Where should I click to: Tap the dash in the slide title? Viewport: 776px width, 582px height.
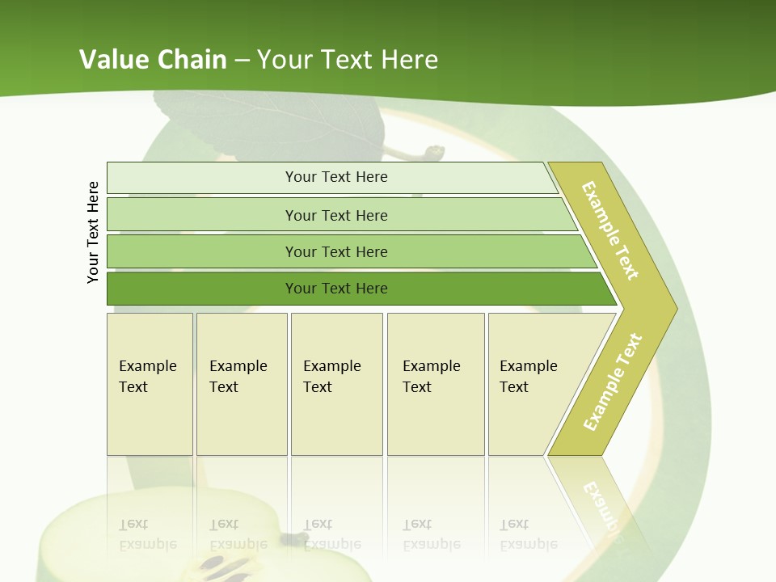point(242,61)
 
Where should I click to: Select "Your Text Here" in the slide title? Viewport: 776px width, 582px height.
point(348,60)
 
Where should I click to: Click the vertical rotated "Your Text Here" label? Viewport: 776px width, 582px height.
point(93,232)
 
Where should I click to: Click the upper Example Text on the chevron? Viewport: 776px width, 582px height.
point(610,231)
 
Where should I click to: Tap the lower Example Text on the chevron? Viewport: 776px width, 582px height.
point(613,382)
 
